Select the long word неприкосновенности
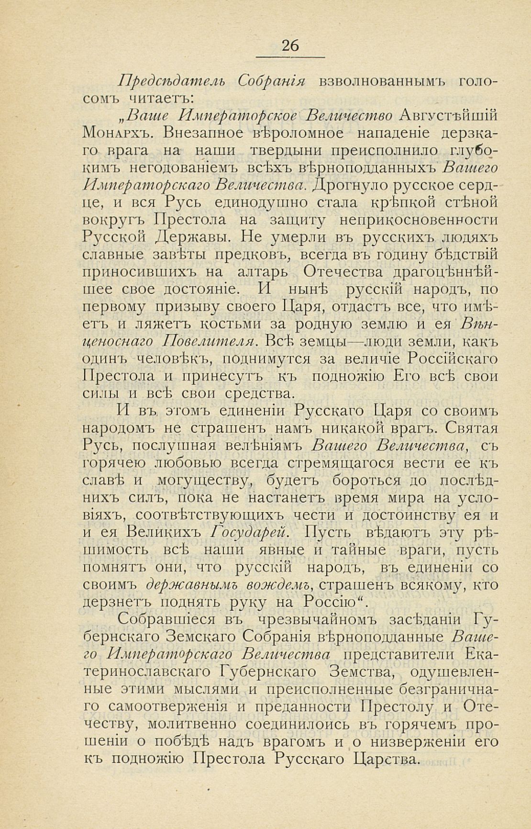418,220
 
